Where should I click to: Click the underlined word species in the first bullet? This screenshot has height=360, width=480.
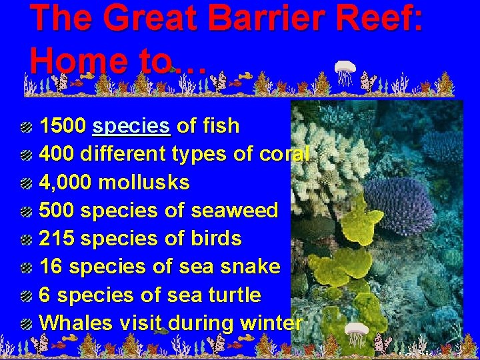(x=132, y=126)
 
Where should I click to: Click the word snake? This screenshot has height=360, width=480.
(x=251, y=267)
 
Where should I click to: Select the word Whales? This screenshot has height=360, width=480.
(x=76, y=323)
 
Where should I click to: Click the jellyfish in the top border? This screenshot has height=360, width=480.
(x=345, y=72)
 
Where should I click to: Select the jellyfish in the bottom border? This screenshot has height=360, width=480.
(x=356, y=335)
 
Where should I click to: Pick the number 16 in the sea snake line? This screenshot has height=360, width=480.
(x=51, y=267)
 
